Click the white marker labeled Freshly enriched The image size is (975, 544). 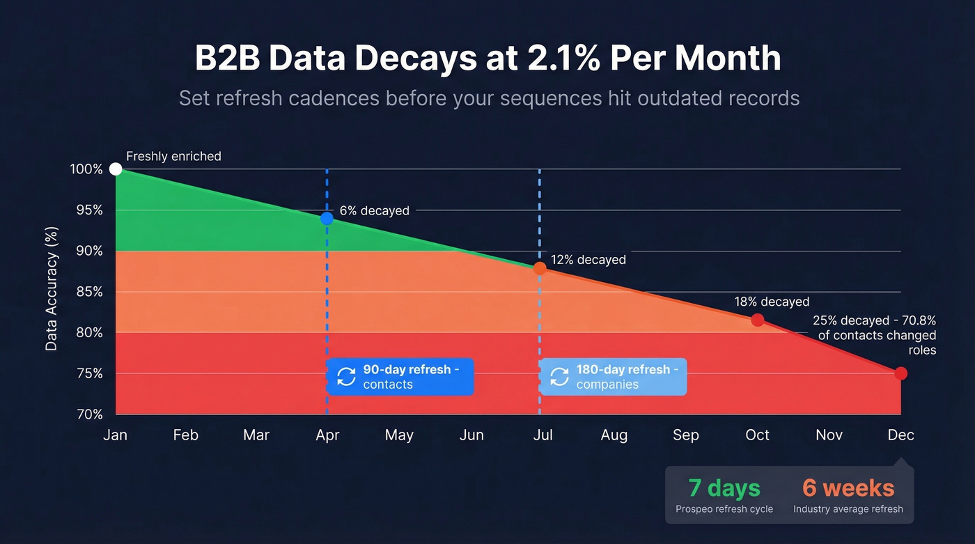(116, 169)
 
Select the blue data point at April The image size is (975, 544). (327, 218)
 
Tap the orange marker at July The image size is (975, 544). (540, 268)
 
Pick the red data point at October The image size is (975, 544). (758, 320)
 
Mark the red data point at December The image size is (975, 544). (900, 373)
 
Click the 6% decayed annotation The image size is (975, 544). (375, 210)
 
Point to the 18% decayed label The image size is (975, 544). (772, 302)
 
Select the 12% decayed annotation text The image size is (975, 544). (588, 260)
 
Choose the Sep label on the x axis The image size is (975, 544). (685, 435)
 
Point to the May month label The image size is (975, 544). (399, 435)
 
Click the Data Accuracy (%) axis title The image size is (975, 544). (52, 288)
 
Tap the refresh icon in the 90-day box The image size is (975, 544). (346, 377)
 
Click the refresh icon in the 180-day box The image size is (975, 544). (559, 377)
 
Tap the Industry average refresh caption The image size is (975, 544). (848, 509)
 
